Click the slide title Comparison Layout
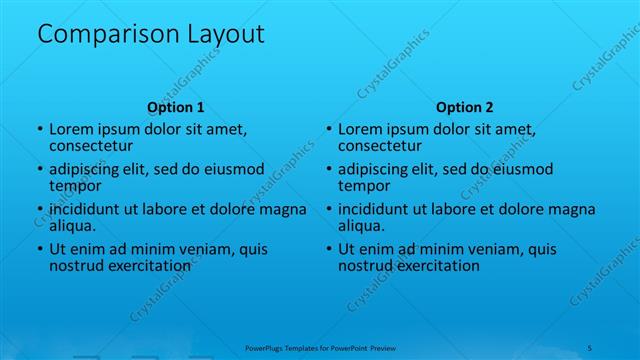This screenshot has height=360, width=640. coord(150,34)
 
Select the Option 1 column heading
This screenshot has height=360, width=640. coord(175,107)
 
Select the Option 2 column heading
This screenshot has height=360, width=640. coord(464,107)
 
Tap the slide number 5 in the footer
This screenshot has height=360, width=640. coord(591,347)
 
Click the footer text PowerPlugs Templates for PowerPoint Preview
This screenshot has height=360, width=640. coord(320,347)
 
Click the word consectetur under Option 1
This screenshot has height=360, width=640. coord(91,145)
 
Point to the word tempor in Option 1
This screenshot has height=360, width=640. coord(72,185)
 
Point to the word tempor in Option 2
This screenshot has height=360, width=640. coord(361,185)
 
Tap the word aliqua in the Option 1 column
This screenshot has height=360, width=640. coord(72,226)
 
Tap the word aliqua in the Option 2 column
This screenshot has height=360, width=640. coord(361,226)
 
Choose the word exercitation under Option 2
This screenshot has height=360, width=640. coord(437,266)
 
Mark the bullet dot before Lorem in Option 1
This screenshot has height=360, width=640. coord(39,130)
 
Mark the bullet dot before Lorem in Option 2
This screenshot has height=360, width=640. coord(328,130)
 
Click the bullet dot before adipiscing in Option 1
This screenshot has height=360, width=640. coord(39,170)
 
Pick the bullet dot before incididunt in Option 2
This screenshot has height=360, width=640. coord(328,210)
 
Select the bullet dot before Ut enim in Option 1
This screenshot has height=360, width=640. coord(39,250)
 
